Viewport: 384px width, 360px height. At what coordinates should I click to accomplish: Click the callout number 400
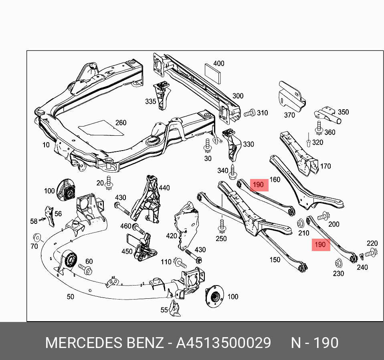click(x=219, y=64)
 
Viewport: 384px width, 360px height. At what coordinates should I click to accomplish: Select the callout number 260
click(x=121, y=123)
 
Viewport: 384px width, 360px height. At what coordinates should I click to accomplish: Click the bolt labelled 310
click(x=249, y=113)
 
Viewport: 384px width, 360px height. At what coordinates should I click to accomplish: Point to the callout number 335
click(x=151, y=102)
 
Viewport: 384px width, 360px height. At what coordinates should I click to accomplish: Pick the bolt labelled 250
click(x=220, y=227)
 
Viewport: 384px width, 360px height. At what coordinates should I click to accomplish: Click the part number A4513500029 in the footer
click(x=224, y=343)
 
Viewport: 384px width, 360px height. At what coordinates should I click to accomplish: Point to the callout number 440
click(x=164, y=187)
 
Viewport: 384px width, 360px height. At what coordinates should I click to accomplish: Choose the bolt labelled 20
click(x=109, y=183)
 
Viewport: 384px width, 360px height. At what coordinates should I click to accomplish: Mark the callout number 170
click(x=326, y=166)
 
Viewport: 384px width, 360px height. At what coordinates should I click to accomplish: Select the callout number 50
click(x=70, y=297)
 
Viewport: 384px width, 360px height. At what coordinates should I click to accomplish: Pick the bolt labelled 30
click(x=208, y=147)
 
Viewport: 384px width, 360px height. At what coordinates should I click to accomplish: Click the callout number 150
click(x=275, y=260)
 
